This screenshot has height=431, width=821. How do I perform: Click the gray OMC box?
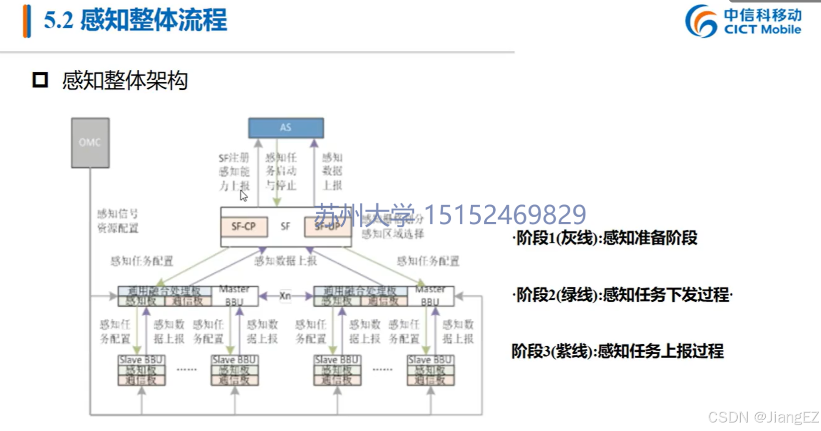(90, 143)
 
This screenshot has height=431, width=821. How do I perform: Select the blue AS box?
(286, 128)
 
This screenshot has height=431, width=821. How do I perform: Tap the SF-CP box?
(244, 226)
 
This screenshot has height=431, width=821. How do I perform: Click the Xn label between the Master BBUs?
(285, 296)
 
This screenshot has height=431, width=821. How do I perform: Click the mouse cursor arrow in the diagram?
(243, 196)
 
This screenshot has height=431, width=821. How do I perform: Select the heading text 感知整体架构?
(125, 81)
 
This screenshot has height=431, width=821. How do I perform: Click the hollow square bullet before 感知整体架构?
(40, 80)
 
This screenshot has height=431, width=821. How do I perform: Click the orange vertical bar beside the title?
(26, 21)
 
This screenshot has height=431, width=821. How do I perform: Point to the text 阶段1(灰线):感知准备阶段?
(605, 238)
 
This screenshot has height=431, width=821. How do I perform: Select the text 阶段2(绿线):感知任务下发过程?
(622, 295)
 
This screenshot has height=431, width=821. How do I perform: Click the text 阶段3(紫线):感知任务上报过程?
(617, 351)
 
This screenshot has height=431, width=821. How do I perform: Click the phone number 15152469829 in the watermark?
(505, 215)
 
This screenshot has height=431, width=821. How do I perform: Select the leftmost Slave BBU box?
(141, 370)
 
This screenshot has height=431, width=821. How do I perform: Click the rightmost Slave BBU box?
(430, 370)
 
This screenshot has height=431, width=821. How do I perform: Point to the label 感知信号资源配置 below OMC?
(118, 221)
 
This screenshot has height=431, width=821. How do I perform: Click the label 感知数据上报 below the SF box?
(285, 261)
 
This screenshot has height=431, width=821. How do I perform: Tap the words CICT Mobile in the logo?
(762, 29)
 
